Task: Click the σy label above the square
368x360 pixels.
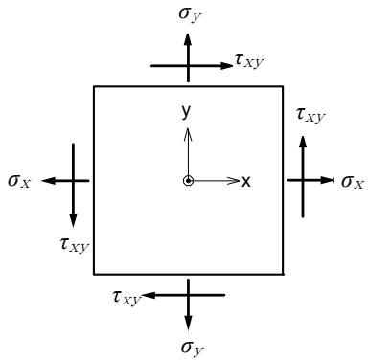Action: click(190, 14)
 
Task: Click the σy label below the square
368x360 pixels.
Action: click(192, 348)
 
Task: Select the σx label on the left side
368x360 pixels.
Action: click(19, 181)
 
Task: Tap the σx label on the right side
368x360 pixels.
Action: click(353, 182)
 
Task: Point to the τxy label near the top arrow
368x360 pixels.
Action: click(249, 59)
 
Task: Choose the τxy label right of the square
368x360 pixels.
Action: click(310, 115)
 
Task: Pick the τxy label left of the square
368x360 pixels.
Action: click(75, 245)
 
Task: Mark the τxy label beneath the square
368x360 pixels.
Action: click(126, 298)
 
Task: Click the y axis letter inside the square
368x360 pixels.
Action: click(186, 111)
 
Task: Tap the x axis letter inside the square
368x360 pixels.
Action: click(246, 182)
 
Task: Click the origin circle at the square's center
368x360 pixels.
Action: click(189, 181)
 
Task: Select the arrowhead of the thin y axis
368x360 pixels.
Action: click(188, 134)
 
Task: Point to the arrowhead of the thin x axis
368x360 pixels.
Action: click(233, 181)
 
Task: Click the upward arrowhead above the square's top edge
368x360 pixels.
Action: click(188, 40)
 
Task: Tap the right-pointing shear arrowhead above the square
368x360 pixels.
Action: click(226, 66)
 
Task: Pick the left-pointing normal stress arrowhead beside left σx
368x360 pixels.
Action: click(49, 181)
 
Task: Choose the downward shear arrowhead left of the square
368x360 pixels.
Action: click(73, 220)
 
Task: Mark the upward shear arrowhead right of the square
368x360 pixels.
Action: click(303, 142)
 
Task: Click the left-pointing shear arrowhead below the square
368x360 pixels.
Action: click(148, 295)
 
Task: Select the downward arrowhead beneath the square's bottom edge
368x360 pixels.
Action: click(188, 324)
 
